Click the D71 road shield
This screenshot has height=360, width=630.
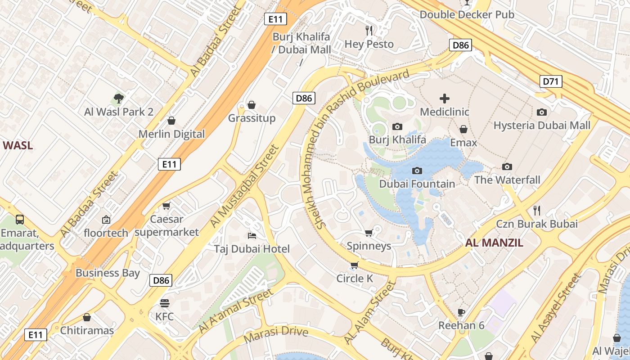tap(550, 81)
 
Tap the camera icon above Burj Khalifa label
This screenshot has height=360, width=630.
tap(397, 127)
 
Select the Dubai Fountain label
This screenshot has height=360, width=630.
tap(417, 184)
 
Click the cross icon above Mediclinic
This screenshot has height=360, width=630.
tap(445, 99)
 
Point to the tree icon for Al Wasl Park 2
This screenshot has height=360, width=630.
tap(118, 98)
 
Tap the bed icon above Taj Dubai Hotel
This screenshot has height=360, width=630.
tap(252, 235)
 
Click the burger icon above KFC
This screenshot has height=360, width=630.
tap(164, 303)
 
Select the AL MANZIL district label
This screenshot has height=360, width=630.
tap(494, 243)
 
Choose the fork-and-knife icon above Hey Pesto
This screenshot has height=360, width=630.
tap(369, 31)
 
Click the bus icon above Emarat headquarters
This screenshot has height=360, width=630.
tap(20, 220)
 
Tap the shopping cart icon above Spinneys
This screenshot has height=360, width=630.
tap(369, 233)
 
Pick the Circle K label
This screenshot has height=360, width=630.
tap(355, 279)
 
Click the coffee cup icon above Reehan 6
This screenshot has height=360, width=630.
tap(461, 312)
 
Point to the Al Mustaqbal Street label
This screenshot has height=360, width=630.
tap(245, 186)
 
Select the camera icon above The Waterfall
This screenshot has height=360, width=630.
tap(507, 166)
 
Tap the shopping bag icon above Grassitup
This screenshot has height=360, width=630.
tap(252, 105)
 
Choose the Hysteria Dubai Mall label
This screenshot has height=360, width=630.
tap(542, 126)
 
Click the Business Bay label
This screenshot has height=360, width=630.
tap(108, 273)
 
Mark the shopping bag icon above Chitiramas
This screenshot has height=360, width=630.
tap(87, 317)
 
